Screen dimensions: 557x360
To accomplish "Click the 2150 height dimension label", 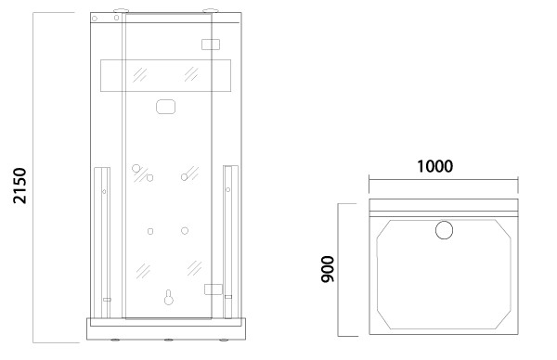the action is tap(19, 186).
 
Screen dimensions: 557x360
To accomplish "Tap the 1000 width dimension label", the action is tap(434, 166).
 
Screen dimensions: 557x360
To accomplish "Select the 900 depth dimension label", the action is tap(328, 269).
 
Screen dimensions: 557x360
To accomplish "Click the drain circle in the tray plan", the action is tap(444, 230).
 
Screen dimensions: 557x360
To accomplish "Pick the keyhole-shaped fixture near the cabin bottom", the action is tap(169, 298).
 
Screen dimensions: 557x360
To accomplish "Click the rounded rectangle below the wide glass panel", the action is tap(166, 107).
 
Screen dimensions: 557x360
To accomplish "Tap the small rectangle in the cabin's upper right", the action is tap(211, 45).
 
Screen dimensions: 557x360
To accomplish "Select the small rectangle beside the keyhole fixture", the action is tap(214, 289).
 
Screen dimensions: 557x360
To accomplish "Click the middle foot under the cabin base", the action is tap(169, 341).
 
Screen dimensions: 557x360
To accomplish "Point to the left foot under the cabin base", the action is tap(115, 341).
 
